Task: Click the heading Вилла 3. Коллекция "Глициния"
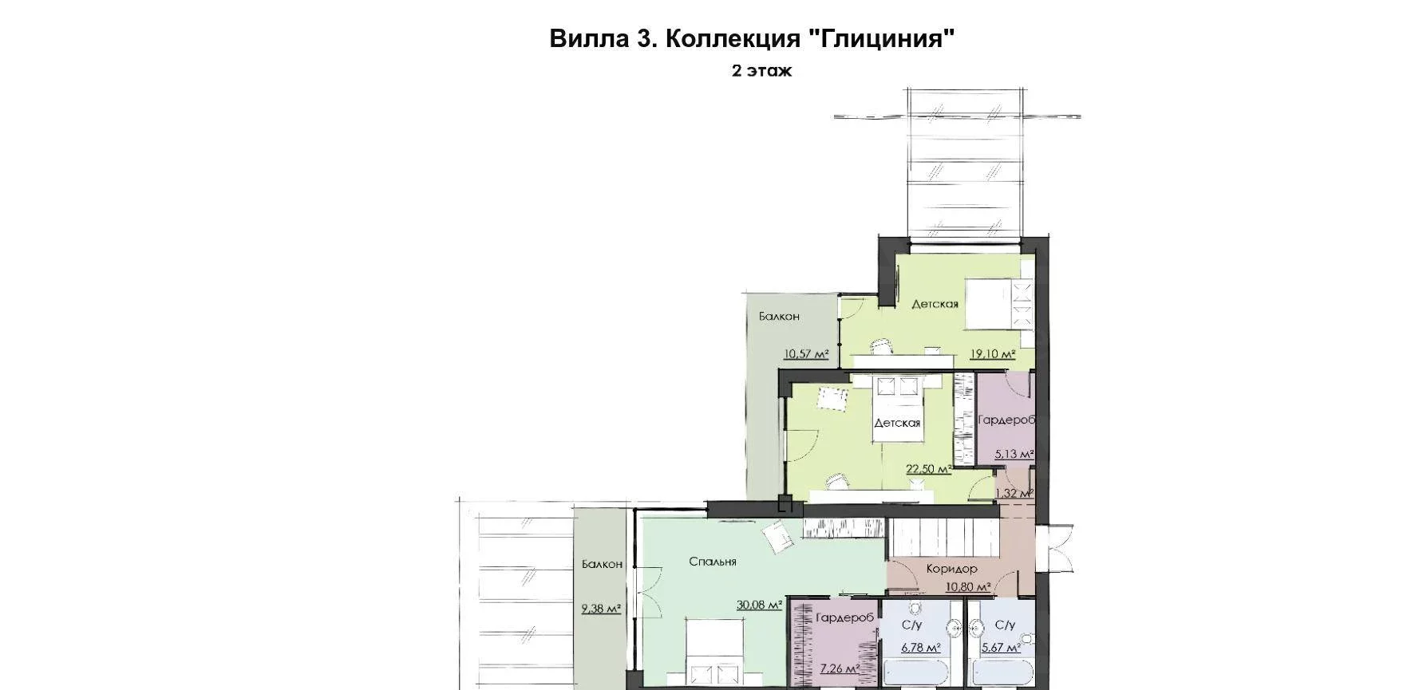point(752,38)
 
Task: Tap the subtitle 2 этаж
point(762,70)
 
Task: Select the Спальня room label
point(713,562)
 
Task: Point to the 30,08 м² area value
point(759,605)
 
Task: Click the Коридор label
point(951,569)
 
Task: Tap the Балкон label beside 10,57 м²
point(779,317)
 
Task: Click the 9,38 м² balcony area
point(602,609)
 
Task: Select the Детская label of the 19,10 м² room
point(935,304)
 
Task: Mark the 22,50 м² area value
point(928,469)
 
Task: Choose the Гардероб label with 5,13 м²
point(1006,420)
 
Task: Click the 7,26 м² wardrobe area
point(839,668)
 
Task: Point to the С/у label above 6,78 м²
point(912,625)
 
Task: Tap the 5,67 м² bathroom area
point(1001,648)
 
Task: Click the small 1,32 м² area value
point(1016,493)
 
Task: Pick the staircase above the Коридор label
point(945,538)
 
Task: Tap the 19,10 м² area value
point(992,354)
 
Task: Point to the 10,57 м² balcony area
point(806,353)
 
